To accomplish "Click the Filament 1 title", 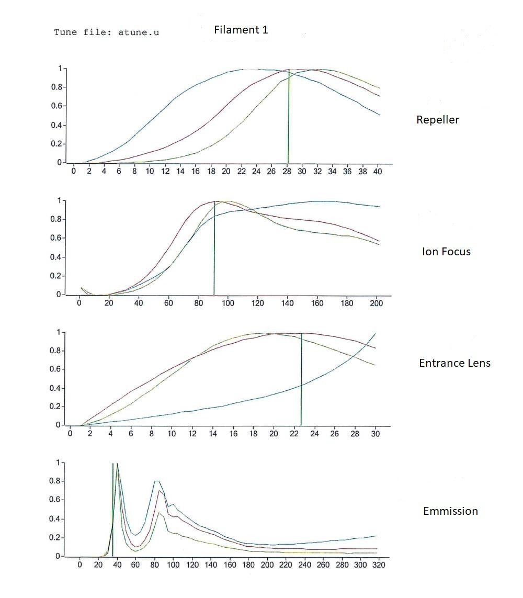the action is pyautogui.click(x=241, y=30).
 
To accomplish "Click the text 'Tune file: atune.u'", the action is pyautogui.click(x=106, y=32).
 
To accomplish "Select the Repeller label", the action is pyautogui.click(x=438, y=120).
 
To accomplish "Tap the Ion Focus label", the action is pyautogui.click(x=446, y=251).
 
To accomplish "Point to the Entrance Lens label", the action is pyautogui.click(x=455, y=363).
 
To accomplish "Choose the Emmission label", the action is pyautogui.click(x=451, y=511).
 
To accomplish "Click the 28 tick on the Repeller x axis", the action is pyautogui.click(x=287, y=172).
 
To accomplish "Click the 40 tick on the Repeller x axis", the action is pyautogui.click(x=378, y=172).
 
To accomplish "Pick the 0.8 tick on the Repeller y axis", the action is pyautogui.click(x=56, y=87).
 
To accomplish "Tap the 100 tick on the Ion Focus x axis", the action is pyautogui.click(x=228, y=303).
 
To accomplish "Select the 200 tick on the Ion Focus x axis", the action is pyautogui.click(x=376, y=303).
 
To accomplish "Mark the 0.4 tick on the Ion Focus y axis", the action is pyautogui.click(x=55, y=257).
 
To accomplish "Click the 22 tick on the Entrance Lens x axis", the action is pyautogui.click(x=294, y=434).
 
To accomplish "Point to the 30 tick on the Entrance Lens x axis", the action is pyautogui.click(x=376, y=434).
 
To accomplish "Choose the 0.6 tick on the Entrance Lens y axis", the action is pyautogui.click(x=55, y=369).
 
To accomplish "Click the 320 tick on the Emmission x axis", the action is pyautogui.click(x=379, y=565).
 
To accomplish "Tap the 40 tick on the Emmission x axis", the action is pyautogui.click(x=117, y=565).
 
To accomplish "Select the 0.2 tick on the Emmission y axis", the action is pyautogui.click(x=55, y=538).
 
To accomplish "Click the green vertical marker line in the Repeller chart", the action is pyautogui.click(x=288, y=116).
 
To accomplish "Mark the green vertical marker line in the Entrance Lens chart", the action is pyautogui.click(x=301, y=379).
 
